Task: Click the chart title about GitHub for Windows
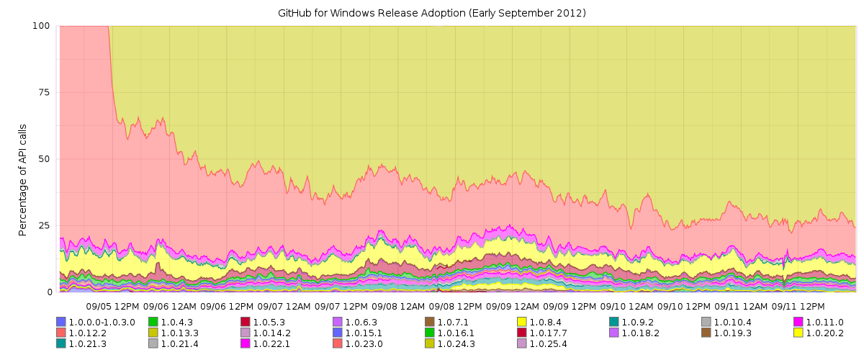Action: (x=431, y=13)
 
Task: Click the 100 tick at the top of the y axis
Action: (x=40, y=26)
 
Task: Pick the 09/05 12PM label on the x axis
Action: (x=112, y=306)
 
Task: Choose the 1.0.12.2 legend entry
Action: (x=88, y=333)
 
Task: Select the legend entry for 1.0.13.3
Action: (x=180, y=333)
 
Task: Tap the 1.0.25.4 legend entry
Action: (x=548, y=343)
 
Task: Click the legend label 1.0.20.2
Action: (x=824, y=333)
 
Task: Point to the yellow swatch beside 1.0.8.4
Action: (x=522, y=322)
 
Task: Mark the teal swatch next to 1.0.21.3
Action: (x=60, y=343)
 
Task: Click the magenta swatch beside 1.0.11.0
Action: (x=798, y=322)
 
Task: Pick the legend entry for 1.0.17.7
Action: (x=548, y=333)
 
